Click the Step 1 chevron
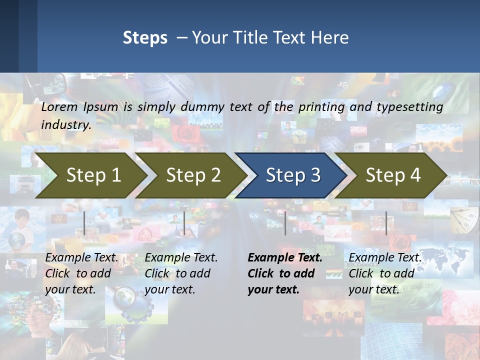pos(93,175)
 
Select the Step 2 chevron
pos(193,175)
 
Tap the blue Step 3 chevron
pos(292,175)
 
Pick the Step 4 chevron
pos(392,175)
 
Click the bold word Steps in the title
pos(145,38)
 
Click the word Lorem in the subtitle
pos(59,107)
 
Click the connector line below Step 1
pos(84,223)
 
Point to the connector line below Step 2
pos(184,223)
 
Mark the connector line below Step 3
pos(285,223)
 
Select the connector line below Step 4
pos(386,223)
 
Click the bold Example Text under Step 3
pos(285,258)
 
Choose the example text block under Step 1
pos(81,273)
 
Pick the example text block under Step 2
pos(181,273)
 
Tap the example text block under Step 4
pos(385,273)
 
